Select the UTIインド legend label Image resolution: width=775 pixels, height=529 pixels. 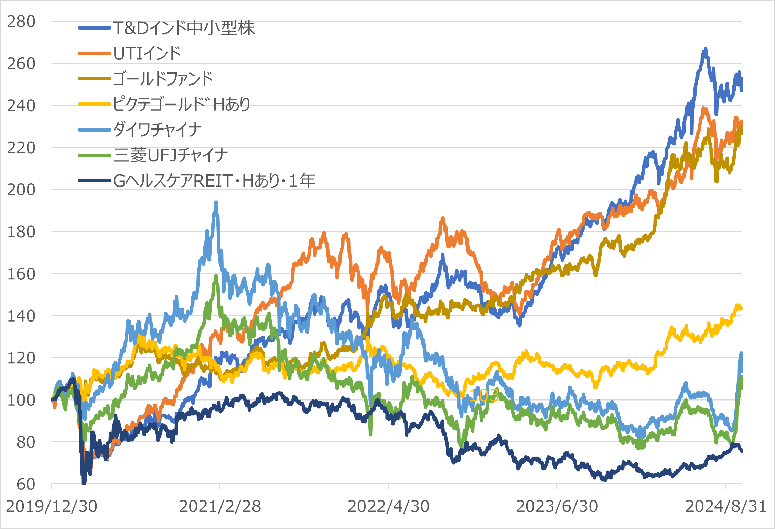147,54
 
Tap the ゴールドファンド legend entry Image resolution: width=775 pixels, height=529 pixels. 163,79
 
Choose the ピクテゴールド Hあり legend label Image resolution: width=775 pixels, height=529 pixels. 182,104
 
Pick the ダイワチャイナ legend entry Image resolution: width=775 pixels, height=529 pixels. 157,130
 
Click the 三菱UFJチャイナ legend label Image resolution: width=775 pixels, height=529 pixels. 171,155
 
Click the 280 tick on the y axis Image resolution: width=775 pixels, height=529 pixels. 21,22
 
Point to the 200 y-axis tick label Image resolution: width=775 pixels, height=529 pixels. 21,190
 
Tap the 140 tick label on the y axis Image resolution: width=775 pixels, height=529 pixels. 21,316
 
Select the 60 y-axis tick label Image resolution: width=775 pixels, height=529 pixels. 26,484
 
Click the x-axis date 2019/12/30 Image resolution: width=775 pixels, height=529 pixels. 52,506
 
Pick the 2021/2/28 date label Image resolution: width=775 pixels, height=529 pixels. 220,506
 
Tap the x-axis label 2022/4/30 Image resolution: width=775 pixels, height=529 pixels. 389,506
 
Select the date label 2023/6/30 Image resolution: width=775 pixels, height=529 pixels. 557,506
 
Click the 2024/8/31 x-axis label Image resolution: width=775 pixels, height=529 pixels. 726,506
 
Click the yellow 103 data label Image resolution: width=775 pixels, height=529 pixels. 484,395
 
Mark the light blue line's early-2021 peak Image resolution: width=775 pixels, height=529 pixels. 216,203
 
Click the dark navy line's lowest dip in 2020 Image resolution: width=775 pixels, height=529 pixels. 84,482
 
